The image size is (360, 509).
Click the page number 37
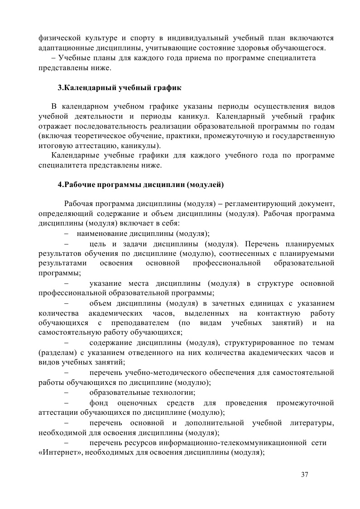tap(304, 475)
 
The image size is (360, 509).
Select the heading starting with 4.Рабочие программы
tap(140, 185)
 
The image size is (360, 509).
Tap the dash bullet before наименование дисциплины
tap(67, 234)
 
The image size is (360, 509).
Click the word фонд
tap(99, 403)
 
